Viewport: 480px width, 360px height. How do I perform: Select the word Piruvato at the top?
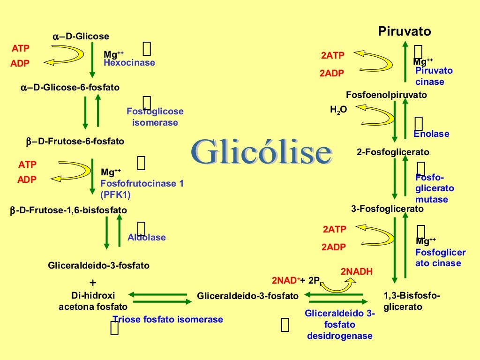(x=405, y=32)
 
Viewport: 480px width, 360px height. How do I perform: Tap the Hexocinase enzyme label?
(x=129, y=63)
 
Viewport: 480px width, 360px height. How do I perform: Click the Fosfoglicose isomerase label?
(x=155, y=117)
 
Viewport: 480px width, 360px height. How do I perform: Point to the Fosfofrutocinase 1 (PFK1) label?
(x=142, y=189)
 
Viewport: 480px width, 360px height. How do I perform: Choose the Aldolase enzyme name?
(x=147, y=238)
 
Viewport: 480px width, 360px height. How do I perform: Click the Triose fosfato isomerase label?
(x=168, y=320)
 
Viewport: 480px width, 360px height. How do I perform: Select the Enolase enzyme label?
(x=431, y=134)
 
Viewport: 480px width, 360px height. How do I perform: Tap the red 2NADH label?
(x=356, y=271)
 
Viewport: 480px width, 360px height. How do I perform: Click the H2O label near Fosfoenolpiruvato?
(x=338, y=111)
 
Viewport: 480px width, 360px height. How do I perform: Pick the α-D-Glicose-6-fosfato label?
(x=70, y=88)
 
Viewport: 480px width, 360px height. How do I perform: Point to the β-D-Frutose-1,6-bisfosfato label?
(x=68, y=210)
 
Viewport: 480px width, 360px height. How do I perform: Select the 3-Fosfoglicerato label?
(x=387, y=209)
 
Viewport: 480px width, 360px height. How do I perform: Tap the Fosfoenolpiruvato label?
(x=386, y=95)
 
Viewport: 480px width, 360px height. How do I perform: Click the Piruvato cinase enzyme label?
(x=434, y=76)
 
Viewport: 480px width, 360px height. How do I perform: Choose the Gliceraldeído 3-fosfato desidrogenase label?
(x=340, y=324)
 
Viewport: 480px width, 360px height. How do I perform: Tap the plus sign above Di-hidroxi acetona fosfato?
(x=92, y=283)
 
